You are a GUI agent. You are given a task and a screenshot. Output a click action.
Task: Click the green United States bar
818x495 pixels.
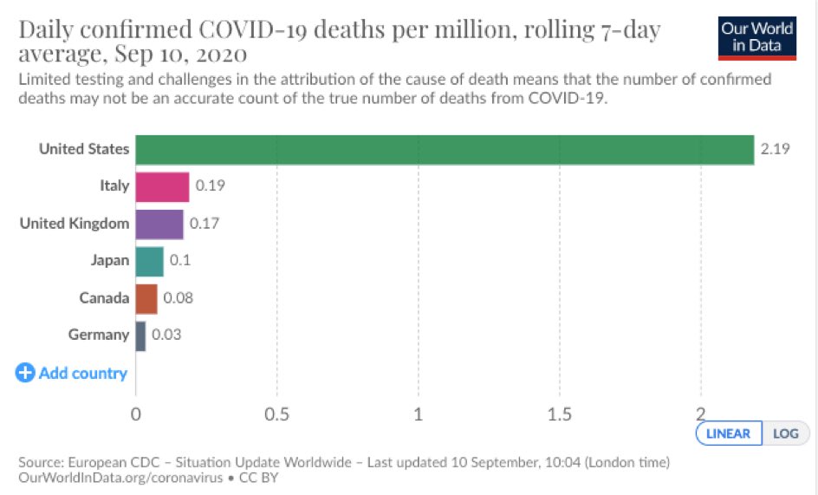coord(445,150)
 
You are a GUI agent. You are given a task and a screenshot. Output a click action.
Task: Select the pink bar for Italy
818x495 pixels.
coord(162,187)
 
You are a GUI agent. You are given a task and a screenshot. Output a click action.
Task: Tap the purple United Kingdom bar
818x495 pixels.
coord(159,225)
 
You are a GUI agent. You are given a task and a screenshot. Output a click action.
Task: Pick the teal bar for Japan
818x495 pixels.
coord(149,262)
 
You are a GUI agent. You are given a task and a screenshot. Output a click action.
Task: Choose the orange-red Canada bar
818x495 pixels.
coord(146,299)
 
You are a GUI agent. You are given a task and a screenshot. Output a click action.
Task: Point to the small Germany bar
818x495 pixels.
coord(140,335)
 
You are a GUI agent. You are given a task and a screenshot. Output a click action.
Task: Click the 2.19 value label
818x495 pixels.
coord(775,149)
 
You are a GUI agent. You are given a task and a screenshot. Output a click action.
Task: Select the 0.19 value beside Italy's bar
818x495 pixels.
coord(210,186)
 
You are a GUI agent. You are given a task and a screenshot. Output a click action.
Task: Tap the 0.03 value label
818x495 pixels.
coord(166,334)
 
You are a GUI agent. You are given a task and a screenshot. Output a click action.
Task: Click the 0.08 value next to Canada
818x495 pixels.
coord(178,297)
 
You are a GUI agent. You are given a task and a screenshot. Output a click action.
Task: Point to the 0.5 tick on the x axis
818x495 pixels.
coord(276,414)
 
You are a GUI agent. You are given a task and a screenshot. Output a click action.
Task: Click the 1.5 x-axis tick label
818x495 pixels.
coord(559,414)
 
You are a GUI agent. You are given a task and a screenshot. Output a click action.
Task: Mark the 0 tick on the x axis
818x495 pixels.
coord(136,414)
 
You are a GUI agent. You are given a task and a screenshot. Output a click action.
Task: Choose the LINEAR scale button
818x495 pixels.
coord(728,433)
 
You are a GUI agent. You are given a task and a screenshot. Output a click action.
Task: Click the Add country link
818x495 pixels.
coord(71,373)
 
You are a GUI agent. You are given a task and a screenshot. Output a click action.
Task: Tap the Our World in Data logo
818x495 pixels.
coord(757,38)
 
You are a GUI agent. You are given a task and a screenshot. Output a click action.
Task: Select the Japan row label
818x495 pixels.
coord(109,260)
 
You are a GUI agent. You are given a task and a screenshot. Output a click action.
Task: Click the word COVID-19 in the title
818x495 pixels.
coord(252,29)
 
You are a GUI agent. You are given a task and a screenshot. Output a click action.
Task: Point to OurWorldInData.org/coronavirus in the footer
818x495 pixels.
coord(120,478)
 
